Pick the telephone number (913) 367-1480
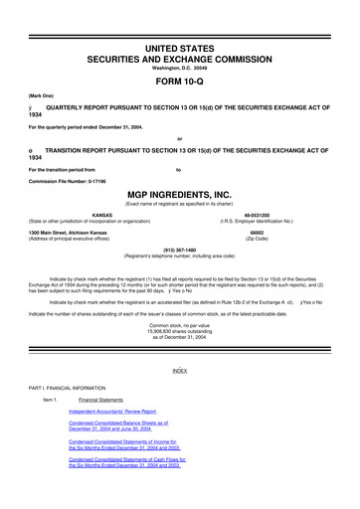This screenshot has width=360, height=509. (x=179, y=250)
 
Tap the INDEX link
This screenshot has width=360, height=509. (x=179, y=370)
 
